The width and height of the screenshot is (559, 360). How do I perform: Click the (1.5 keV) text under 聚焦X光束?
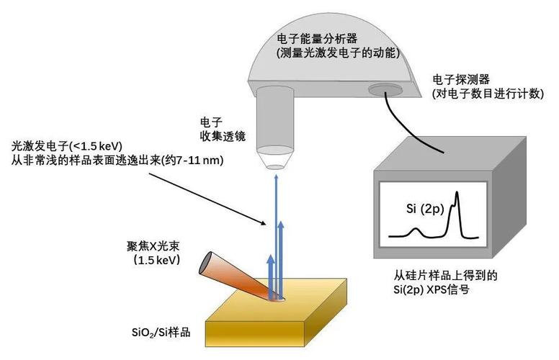coord(157,260)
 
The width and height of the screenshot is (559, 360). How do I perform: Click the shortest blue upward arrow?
coord(270,277)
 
